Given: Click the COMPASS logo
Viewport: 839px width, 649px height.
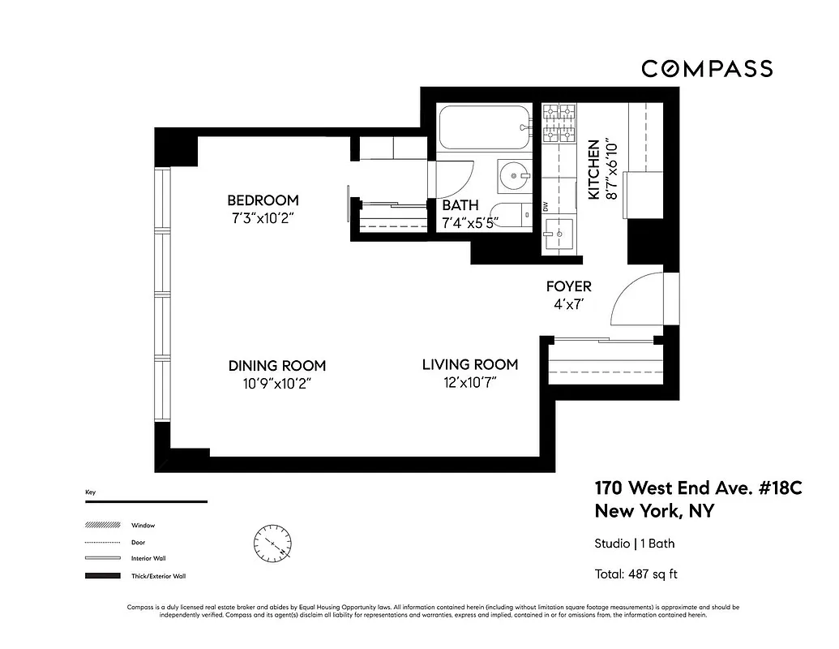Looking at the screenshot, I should point(707,69).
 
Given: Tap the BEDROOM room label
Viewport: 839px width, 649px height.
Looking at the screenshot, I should point(262,200).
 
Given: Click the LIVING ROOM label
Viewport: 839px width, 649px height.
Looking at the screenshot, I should point(469,365).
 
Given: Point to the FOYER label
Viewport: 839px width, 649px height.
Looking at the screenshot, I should point(568,286).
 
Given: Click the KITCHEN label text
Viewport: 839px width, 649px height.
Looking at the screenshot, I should point(593,170).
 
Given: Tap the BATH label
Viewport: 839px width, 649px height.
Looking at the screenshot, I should point(460,205).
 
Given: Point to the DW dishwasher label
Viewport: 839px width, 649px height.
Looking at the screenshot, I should point(546,208).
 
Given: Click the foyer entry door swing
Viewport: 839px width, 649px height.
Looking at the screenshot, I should point(638,299).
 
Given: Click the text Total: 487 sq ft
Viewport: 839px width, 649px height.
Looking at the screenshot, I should point(636,574).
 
